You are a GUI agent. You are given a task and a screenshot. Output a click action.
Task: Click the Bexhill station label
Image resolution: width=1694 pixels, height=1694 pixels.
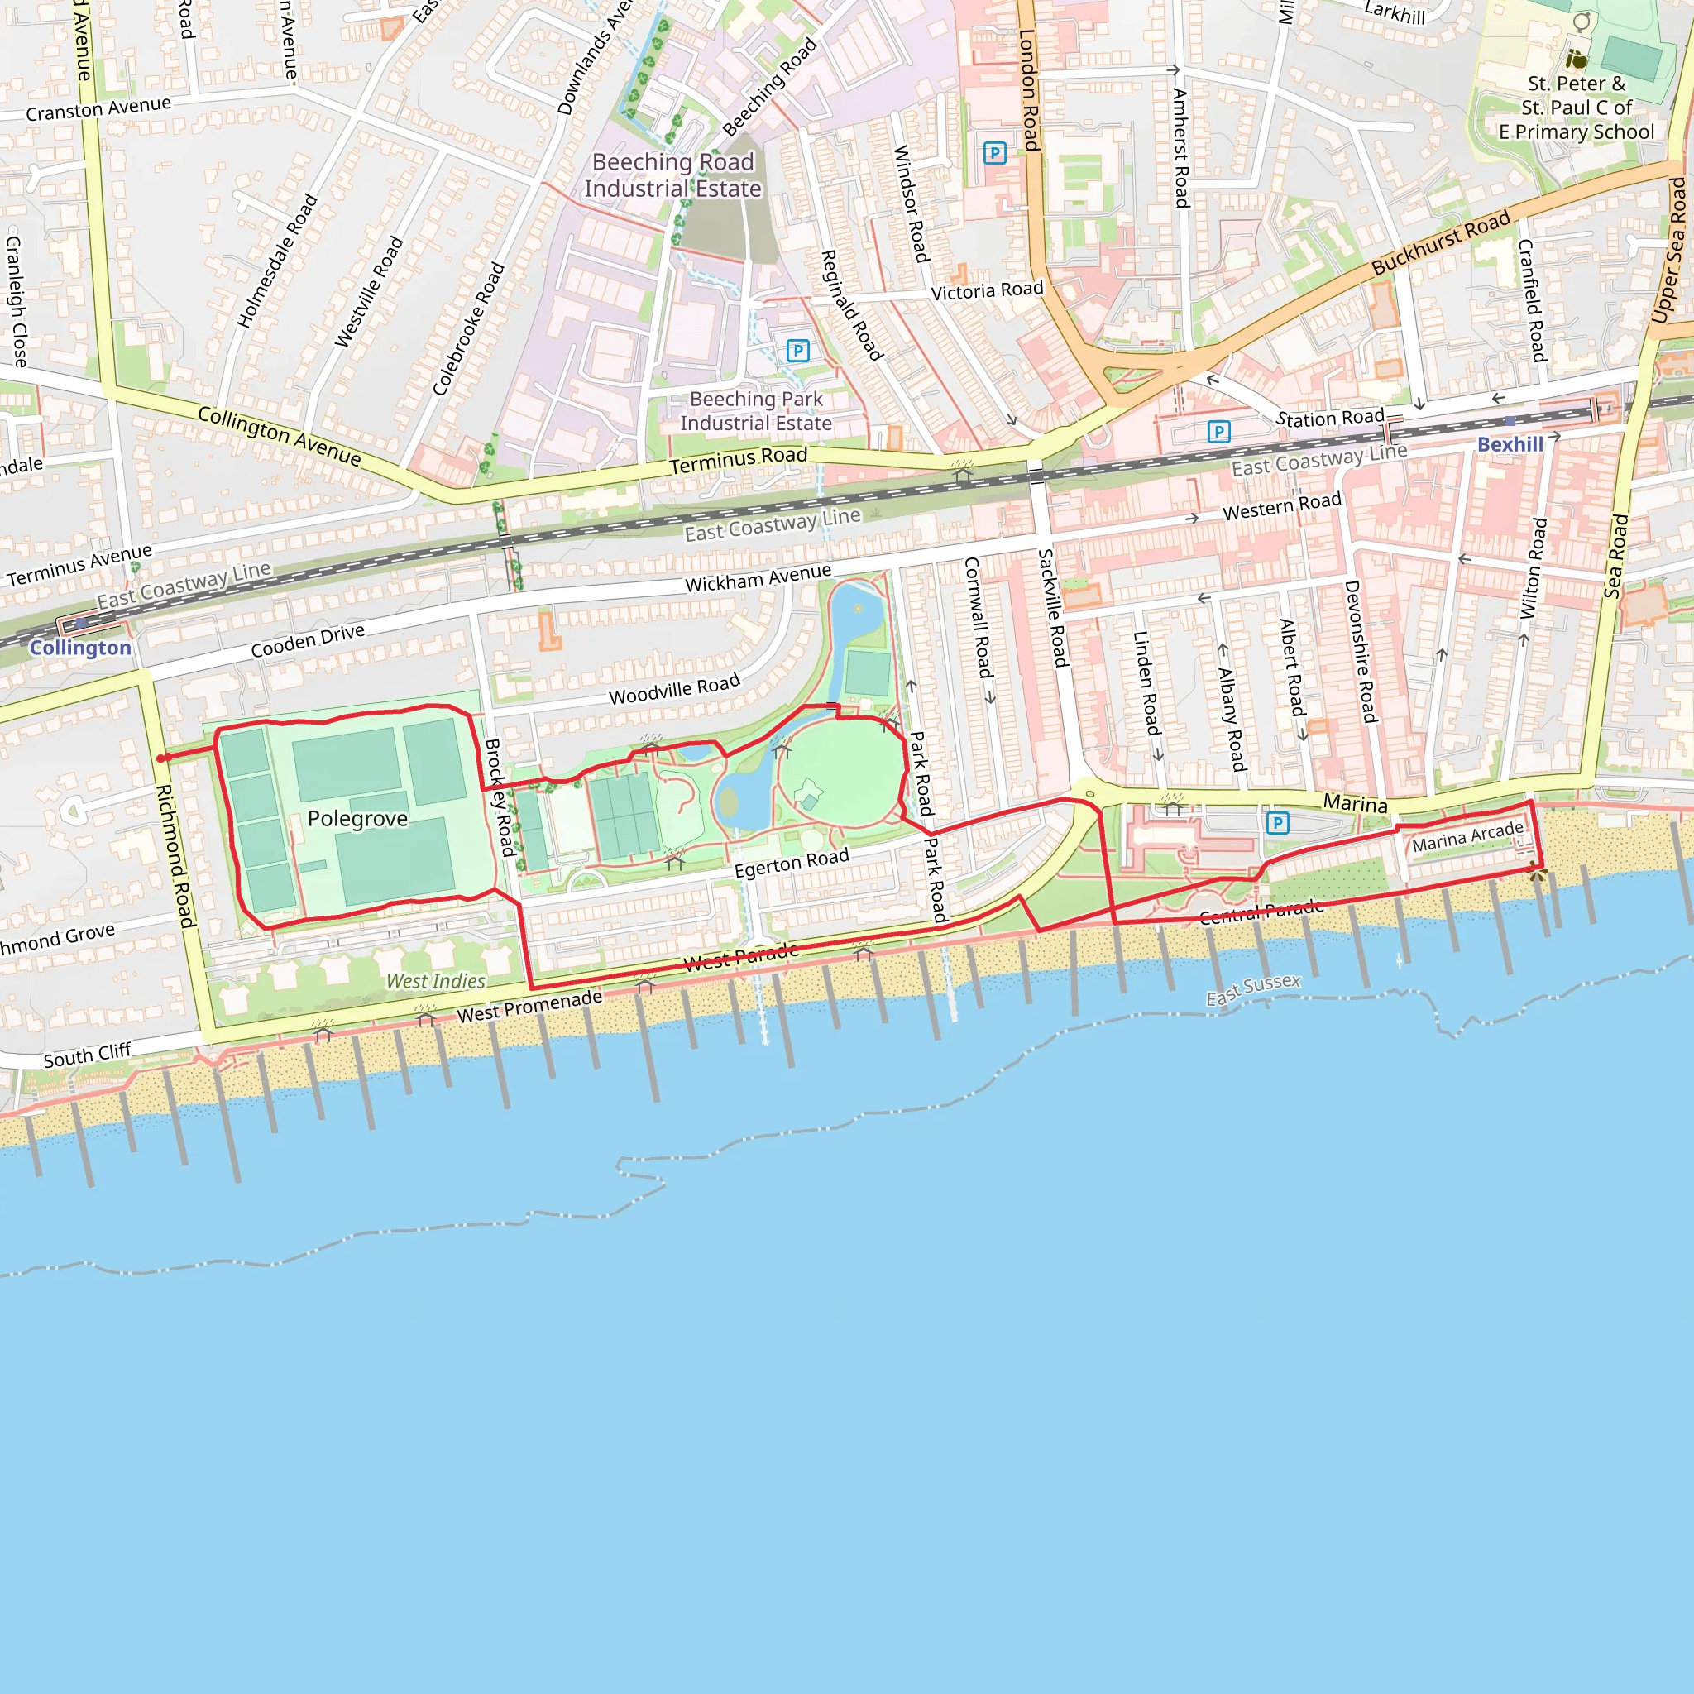point(1509,444)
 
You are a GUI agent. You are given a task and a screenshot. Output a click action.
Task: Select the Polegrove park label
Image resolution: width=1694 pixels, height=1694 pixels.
point(357,818)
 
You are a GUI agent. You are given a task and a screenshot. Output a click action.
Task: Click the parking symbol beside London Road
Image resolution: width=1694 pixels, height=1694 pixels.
point(994,154)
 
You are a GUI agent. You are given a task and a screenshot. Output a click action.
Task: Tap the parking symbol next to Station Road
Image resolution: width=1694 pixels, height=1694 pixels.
point(1218,432)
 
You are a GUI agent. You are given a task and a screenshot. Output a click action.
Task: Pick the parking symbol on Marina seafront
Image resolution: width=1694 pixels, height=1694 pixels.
point(1277,822)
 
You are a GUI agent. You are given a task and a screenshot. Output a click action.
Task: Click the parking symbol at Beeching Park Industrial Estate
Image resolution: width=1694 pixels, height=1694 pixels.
point(797,351)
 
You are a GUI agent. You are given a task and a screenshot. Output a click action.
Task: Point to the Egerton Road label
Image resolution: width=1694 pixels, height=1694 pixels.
point(791,863)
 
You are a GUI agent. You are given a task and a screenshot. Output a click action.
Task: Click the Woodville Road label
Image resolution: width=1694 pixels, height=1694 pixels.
point(674,689)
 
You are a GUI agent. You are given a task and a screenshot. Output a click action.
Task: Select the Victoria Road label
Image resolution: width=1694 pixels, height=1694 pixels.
point(987,290)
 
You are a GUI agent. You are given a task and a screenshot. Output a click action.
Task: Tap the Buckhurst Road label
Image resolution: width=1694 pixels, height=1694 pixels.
point(1441,242)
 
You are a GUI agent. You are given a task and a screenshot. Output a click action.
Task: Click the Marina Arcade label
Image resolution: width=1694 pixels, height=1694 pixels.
point(1467,836)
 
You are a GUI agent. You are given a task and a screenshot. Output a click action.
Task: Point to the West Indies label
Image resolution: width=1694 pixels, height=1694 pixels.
point(436,981)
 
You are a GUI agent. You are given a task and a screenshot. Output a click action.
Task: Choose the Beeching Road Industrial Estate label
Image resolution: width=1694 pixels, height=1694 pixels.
point(672,175)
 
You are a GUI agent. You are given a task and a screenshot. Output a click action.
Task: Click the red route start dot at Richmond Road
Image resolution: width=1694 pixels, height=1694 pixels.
point(161,758)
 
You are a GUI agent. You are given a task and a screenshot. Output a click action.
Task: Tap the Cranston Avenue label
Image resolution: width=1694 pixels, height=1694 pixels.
point(98,108)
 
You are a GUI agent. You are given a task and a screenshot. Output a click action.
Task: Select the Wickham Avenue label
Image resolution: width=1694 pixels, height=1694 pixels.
point(758,578)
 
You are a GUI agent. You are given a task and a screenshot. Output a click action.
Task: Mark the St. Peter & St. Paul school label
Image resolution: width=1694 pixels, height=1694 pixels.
point(1576,108)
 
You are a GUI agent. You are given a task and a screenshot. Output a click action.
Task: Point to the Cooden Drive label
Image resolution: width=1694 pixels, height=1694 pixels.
point(307,640)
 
